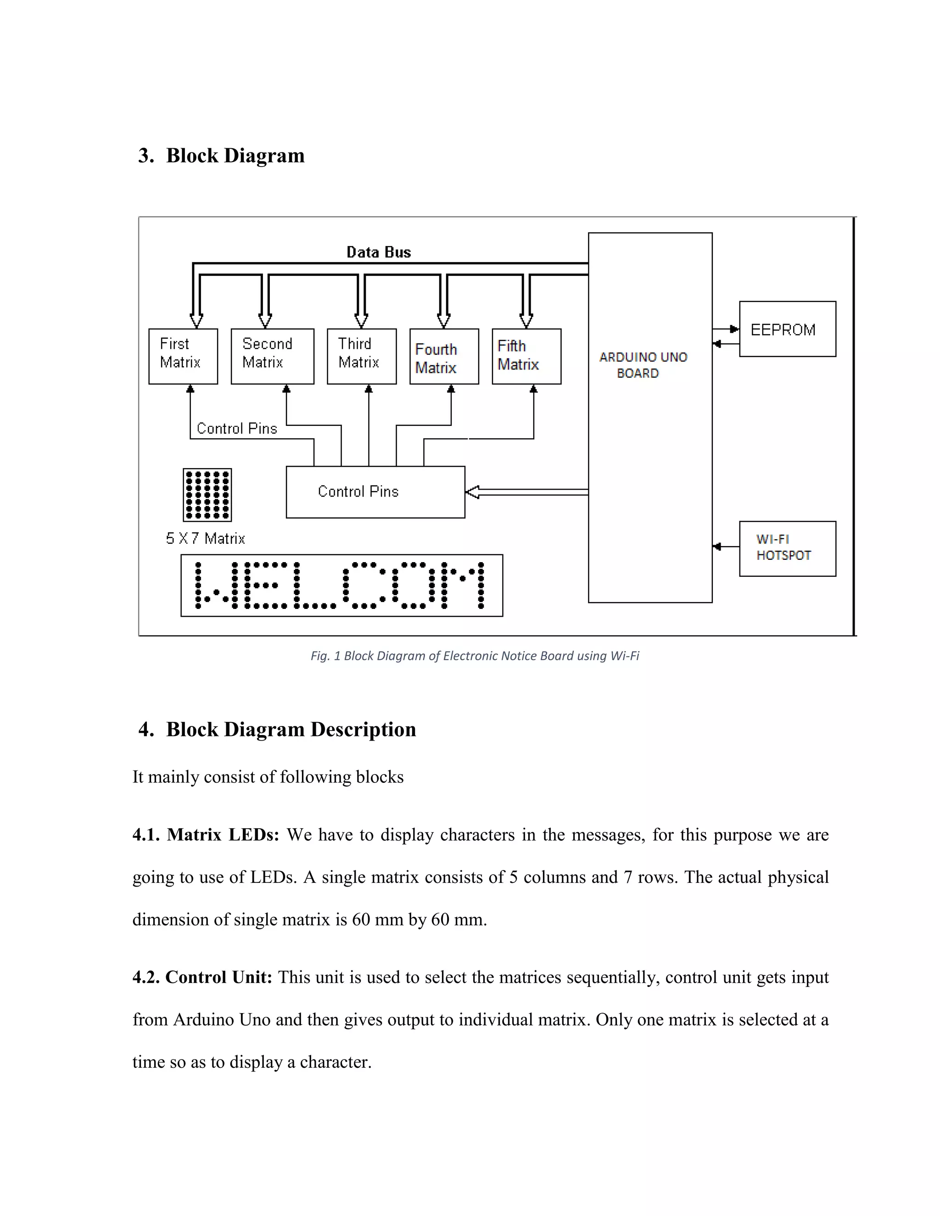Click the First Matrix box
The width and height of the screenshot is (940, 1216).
(x=183, y=357)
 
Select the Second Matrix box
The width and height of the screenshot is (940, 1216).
(x=272, y=357)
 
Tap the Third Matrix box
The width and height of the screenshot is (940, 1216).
(x=361, y=357)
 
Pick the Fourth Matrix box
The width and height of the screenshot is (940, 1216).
(x=444, y=357)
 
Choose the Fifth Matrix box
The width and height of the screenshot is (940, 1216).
(x=526, y=357)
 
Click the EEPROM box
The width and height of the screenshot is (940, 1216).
(x=787, y=329)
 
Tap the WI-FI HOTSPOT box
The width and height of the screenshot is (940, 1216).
(x=787, y=548)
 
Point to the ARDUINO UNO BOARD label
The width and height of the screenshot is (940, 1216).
(x=643, y=365)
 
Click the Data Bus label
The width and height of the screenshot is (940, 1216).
(x=379, y=252)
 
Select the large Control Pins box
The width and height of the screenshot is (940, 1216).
(x=375, y=491)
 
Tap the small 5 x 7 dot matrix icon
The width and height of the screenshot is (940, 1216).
(x=207, y=494)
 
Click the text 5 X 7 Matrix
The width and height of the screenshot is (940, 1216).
(x=205, y=538)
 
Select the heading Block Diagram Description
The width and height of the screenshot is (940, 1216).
(x=291, y=730)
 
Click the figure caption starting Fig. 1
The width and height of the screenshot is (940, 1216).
(x=475, y=656)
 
